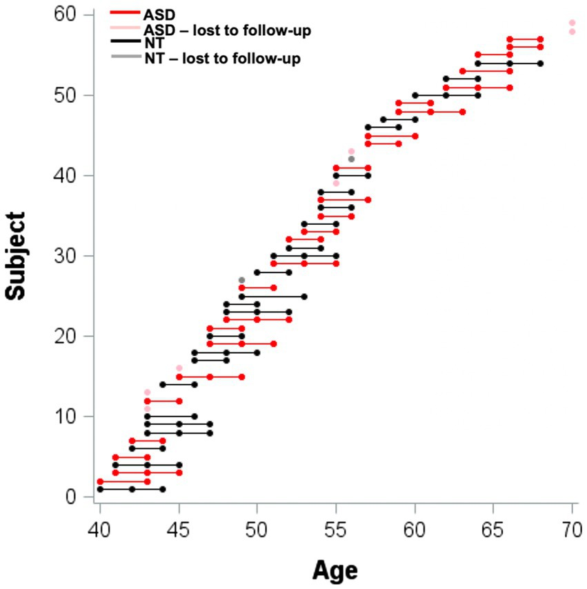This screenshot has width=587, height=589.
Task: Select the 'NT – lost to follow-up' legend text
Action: (222, 59)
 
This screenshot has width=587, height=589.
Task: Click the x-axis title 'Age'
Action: (335, 570)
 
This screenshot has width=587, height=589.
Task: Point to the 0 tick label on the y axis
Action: (71, 497)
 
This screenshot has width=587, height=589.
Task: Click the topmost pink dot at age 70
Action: (572, 23)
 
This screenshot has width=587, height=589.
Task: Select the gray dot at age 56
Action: (351, 159)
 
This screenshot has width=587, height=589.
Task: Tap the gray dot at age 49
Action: (241, 280)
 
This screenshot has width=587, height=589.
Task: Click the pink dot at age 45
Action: (179, 368)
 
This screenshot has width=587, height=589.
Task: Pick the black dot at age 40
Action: (100, 489)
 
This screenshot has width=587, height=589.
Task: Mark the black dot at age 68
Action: (541, 63)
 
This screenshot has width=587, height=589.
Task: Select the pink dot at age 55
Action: (336, 183)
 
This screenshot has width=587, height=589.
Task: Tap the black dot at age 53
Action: (304, 296)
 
